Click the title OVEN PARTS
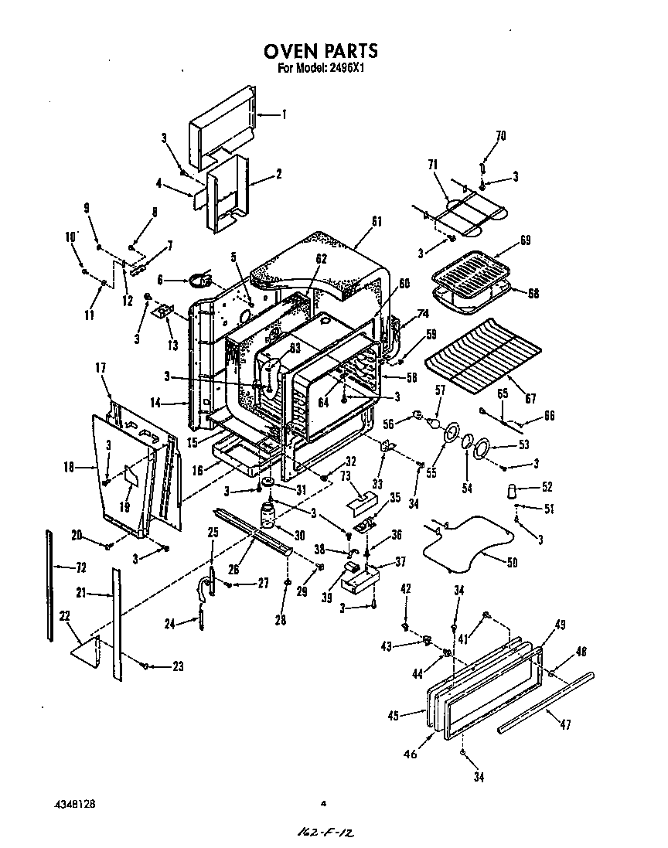point(321,51)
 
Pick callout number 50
point(512,562)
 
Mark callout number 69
point(525,242)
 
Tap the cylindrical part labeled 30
point(268,515)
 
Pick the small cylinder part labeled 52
point(511,490)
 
